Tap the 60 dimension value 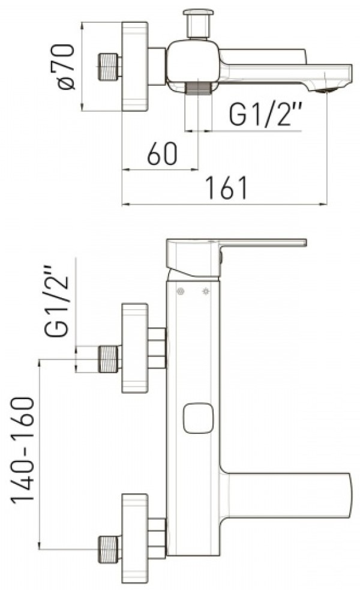(162, 154)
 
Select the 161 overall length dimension (227, 187)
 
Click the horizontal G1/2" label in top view (266, 114)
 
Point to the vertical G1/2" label (57, 301)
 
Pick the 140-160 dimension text (23, 450)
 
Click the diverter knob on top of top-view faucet (198, 23)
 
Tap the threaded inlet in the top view (109, 67)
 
